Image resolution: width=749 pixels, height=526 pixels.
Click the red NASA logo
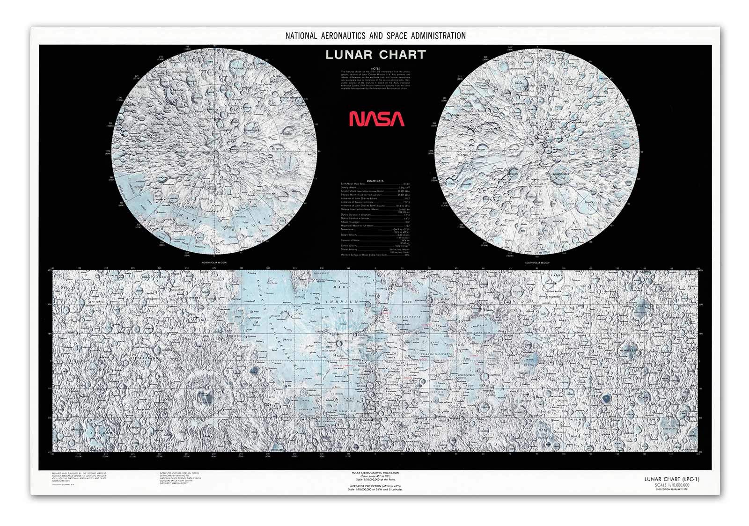[376, 119]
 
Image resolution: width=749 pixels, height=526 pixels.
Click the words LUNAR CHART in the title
[375, 55]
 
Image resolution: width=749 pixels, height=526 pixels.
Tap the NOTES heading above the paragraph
[375, 68]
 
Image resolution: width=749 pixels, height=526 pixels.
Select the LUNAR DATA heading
[375, 181]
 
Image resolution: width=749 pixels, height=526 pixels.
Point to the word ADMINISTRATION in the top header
[438, 36]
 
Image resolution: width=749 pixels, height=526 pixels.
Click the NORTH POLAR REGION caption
[214, 263]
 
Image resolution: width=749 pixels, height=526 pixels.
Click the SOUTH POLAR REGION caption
[536, 263]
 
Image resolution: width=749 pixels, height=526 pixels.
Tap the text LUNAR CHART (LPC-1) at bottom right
[672, 479]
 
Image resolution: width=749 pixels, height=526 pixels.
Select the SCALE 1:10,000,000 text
[672, 485]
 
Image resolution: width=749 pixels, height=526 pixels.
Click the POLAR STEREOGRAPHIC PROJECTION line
[375, 473]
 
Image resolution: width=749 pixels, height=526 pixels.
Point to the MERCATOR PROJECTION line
[375, 487]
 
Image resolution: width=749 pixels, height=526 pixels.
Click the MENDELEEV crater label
[629, 350]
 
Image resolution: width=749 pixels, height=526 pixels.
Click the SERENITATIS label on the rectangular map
[407, 317]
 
